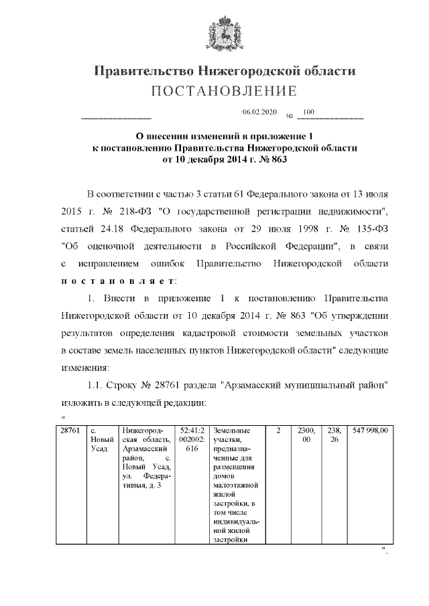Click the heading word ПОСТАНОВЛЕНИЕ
[x=214, y=91]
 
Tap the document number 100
[x=309, y=112]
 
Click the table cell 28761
[x=70, y=430]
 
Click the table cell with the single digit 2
[x=278, y=430]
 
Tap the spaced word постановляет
[x=119, y=279]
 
